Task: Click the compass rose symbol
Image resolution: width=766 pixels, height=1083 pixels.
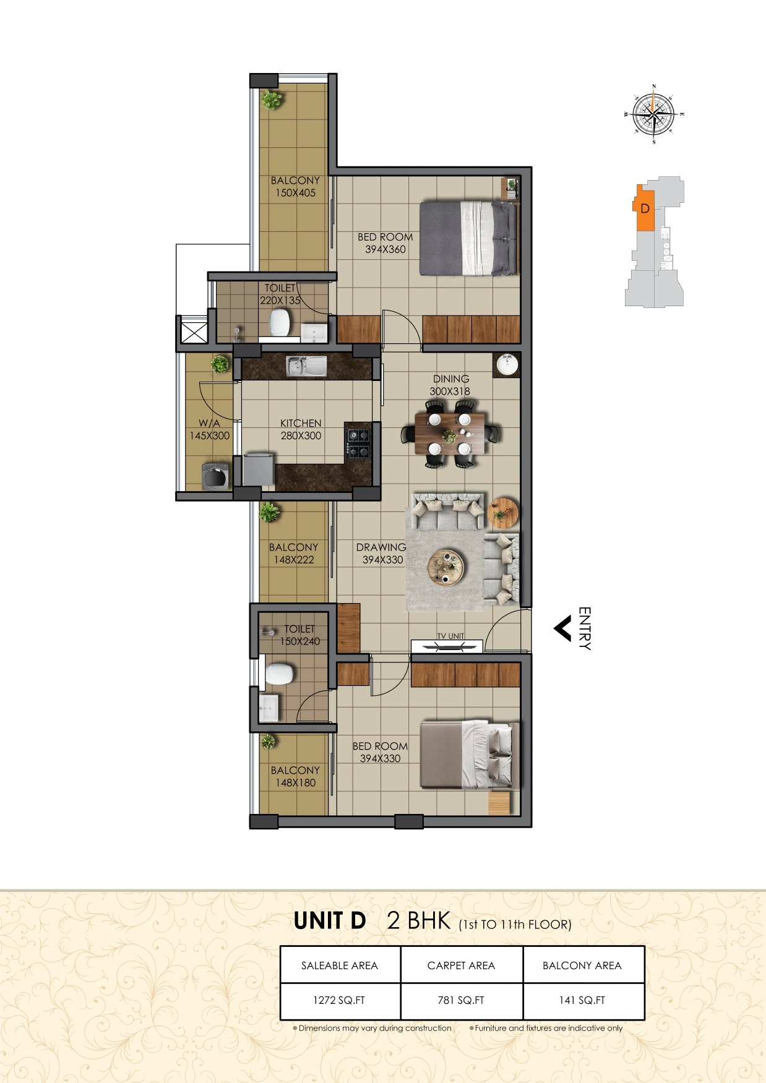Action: tap(654, 114)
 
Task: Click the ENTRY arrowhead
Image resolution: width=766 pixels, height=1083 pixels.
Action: tap(562, 629)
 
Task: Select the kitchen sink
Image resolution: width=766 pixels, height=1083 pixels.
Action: tap(306, 366)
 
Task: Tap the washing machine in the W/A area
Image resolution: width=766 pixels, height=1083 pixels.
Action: tap(215, 477)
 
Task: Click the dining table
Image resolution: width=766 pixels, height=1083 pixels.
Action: tap(450, 434)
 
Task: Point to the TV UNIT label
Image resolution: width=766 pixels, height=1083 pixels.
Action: tap(450, 636)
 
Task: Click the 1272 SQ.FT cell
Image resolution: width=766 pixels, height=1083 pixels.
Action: tap(340, 1000)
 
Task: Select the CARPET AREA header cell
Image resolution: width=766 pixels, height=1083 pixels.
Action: tap(461, 965)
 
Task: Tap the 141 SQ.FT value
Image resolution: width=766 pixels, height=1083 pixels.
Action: tap(582, 1000)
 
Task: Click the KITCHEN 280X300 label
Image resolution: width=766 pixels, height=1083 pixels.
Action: tap(301, 429)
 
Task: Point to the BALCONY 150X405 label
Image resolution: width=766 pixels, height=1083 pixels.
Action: tap(295, 186)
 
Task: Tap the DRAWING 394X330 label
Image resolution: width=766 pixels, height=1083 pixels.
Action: tap(381, 554)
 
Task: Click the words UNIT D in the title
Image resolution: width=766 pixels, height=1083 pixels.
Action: tap(330, 921)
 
